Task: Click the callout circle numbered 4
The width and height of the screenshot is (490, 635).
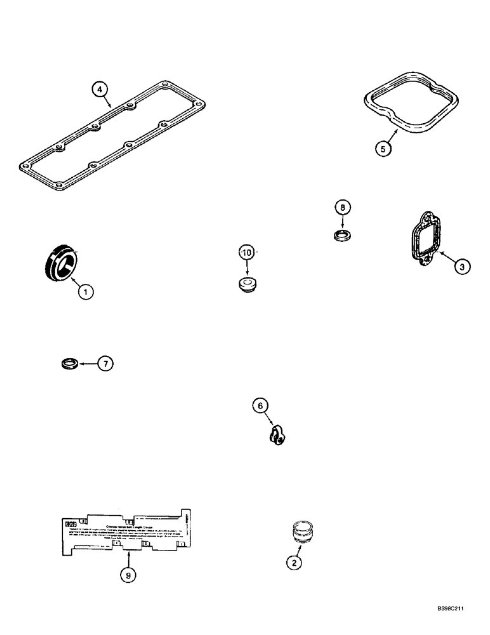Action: coord(100,90)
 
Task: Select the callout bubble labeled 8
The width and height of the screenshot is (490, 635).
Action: coord(342,207)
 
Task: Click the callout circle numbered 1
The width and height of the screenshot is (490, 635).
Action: coord(86,291)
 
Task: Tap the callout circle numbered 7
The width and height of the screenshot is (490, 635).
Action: coord(105,364)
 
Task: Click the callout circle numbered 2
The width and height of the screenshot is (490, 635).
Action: coord(293,561)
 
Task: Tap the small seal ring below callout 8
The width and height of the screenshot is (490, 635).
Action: coord(342,236)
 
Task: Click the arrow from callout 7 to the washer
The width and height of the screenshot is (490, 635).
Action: coord(88,364)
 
